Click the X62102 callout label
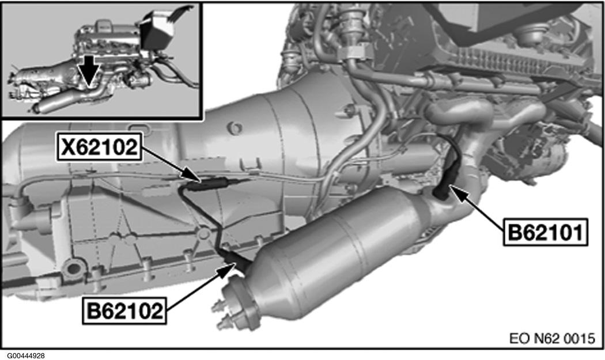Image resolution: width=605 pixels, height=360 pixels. point(100,147)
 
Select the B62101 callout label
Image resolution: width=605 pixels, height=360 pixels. point(545,232)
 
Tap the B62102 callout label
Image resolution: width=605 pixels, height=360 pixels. point(124,310)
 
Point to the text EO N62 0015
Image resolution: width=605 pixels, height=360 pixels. point(552,338)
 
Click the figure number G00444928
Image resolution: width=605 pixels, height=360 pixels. point(23,356)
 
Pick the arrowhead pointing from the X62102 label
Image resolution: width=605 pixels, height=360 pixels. point(193,176)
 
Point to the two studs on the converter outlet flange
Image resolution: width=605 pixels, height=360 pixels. point(221,314)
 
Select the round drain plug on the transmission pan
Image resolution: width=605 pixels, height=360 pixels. point(73,270)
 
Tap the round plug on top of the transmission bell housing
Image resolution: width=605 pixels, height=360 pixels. point(235,128)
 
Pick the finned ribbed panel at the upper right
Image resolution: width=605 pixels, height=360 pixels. point(513,62)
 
